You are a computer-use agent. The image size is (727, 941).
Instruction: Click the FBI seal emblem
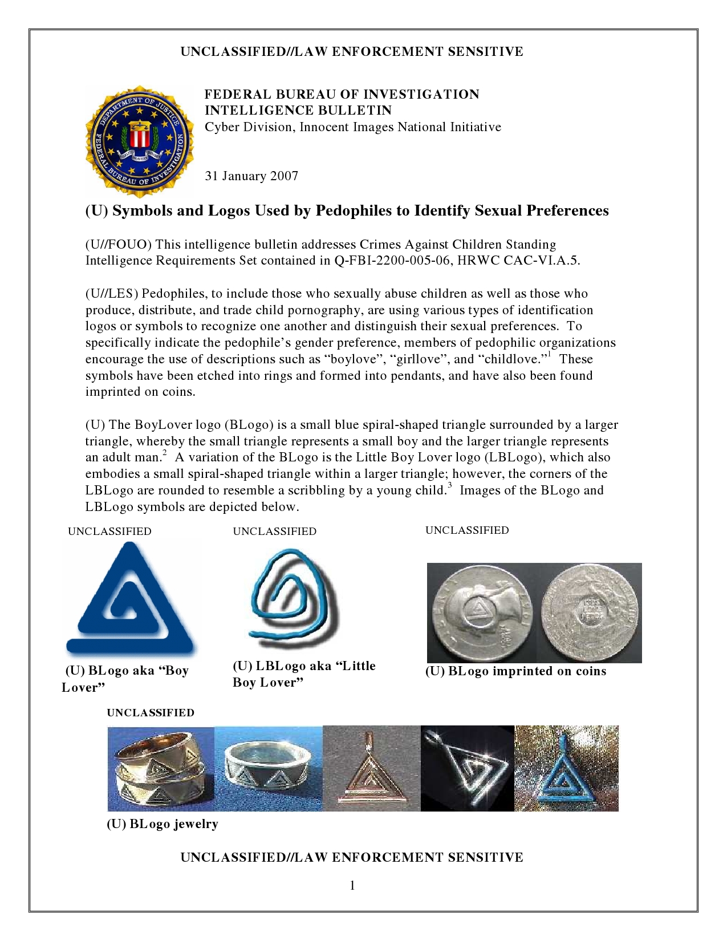(139, 141)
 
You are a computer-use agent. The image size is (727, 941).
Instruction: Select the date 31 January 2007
(251, 176)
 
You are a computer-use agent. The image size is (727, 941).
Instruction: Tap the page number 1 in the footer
(352, 885)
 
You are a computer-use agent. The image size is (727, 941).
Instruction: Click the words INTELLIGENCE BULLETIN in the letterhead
(298, 111)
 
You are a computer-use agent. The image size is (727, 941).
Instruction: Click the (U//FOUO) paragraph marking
(119, 245)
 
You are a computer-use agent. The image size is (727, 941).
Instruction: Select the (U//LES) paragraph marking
(112, 294)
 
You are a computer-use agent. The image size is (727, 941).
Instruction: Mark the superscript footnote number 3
(449, 485)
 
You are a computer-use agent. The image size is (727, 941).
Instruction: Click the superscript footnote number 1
(549, 354)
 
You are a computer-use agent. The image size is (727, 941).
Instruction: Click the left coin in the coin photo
(482, 613)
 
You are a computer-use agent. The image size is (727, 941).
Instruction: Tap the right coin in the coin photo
(590, 613)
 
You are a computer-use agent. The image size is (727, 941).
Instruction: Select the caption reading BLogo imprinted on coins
(515, 671)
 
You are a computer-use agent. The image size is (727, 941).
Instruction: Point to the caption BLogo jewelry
(163, 824)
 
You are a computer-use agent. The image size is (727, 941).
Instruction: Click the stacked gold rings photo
(161, 768)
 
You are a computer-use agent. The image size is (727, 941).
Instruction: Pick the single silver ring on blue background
(268, 768)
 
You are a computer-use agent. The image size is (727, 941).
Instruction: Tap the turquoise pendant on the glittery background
(566, 768)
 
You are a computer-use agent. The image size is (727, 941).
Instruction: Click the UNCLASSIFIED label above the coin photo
(467, 530)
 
